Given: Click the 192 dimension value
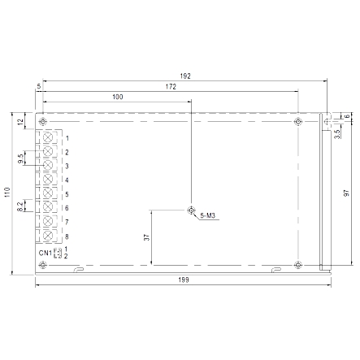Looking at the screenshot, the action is (x=185, y=76).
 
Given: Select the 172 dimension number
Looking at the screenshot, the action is (x=171, y=87).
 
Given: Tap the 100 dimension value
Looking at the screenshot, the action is (x=118, y=97).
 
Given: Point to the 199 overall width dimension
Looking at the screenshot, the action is (x=184, y=280).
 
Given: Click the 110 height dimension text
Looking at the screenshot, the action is (x=7, y=193).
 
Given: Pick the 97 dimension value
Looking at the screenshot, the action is (x=346, y=193).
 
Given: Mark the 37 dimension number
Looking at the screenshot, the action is (x=146, y=237).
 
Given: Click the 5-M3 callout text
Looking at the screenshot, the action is (x=208, y=215).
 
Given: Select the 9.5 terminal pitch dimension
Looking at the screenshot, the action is (x=20, y=158).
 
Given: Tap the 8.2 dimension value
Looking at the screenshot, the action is (x=20, y=206).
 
